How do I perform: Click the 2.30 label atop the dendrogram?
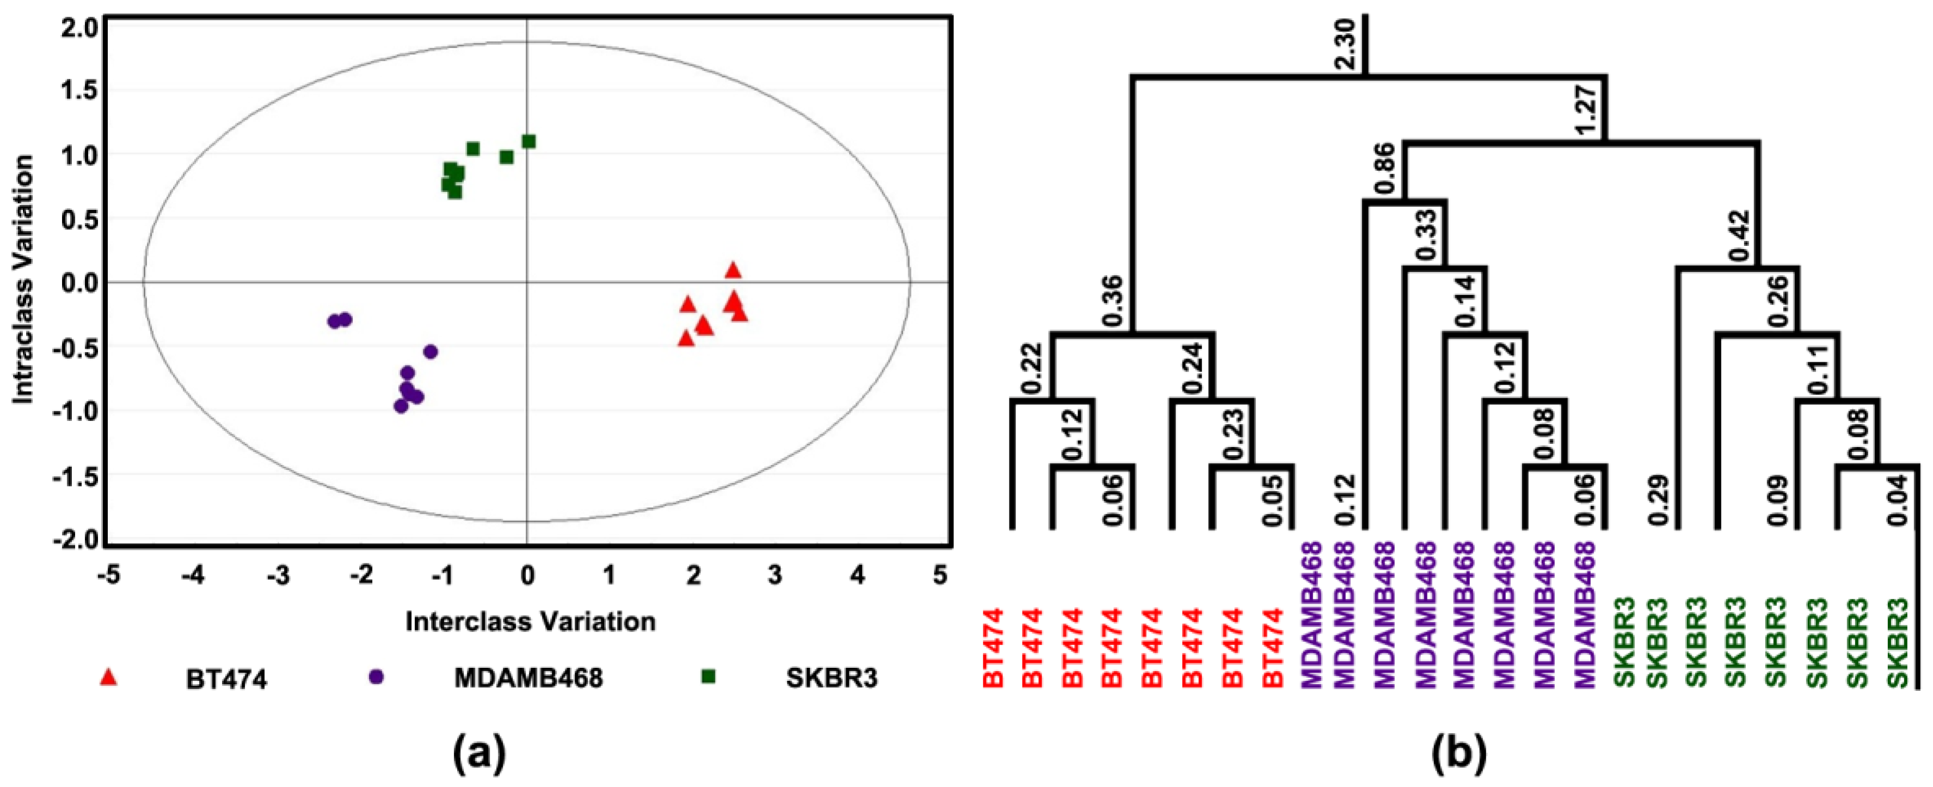[1345, 45]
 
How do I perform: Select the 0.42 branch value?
[1739, 237]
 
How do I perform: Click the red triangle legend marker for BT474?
[109, 678]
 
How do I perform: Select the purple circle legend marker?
[376, 678]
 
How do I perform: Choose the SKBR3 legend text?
[832, 678]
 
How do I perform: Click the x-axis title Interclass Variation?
[531, 621]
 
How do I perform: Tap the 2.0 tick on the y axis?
[76, 28]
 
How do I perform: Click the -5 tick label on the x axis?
[109, 575]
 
